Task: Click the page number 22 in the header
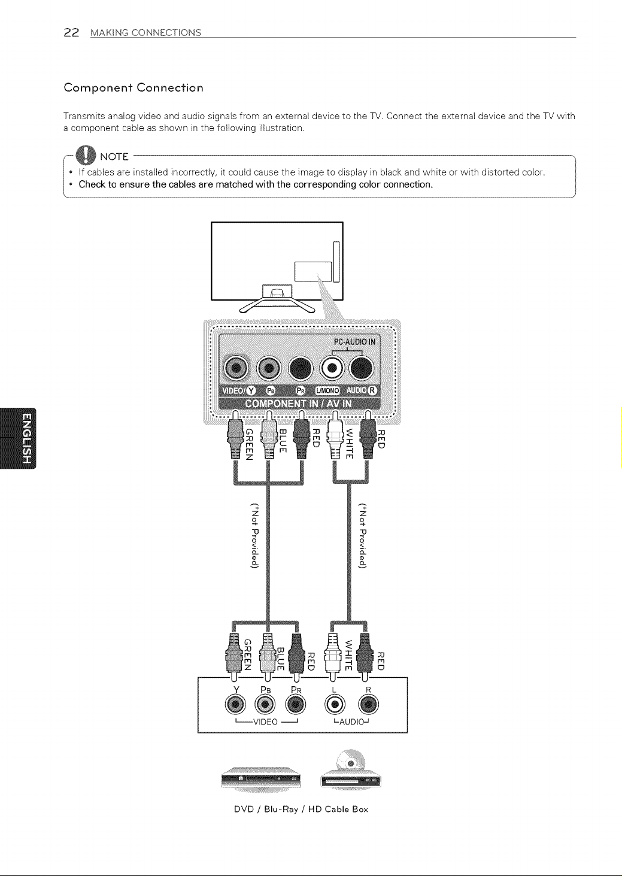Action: (71, 32)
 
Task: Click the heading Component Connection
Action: (133, 87)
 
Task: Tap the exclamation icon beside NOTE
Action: (86, 155)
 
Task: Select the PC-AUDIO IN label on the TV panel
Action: (354, 342)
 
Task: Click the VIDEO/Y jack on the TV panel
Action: (236, 368)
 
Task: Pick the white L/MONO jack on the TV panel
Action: (332, 368)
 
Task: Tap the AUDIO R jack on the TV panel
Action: (362, 368)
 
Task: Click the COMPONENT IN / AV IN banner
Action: (298, 404)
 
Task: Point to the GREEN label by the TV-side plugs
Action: (249, 445)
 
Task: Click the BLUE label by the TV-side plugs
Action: (283, 441)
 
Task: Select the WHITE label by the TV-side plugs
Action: (350, 444)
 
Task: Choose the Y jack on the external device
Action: (235, 704)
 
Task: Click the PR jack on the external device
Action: (296, 704)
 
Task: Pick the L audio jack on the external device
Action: (334, 704)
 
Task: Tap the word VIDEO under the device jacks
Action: (265, 722)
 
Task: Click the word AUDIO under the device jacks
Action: (351, 722)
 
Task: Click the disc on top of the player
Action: (351, 760)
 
